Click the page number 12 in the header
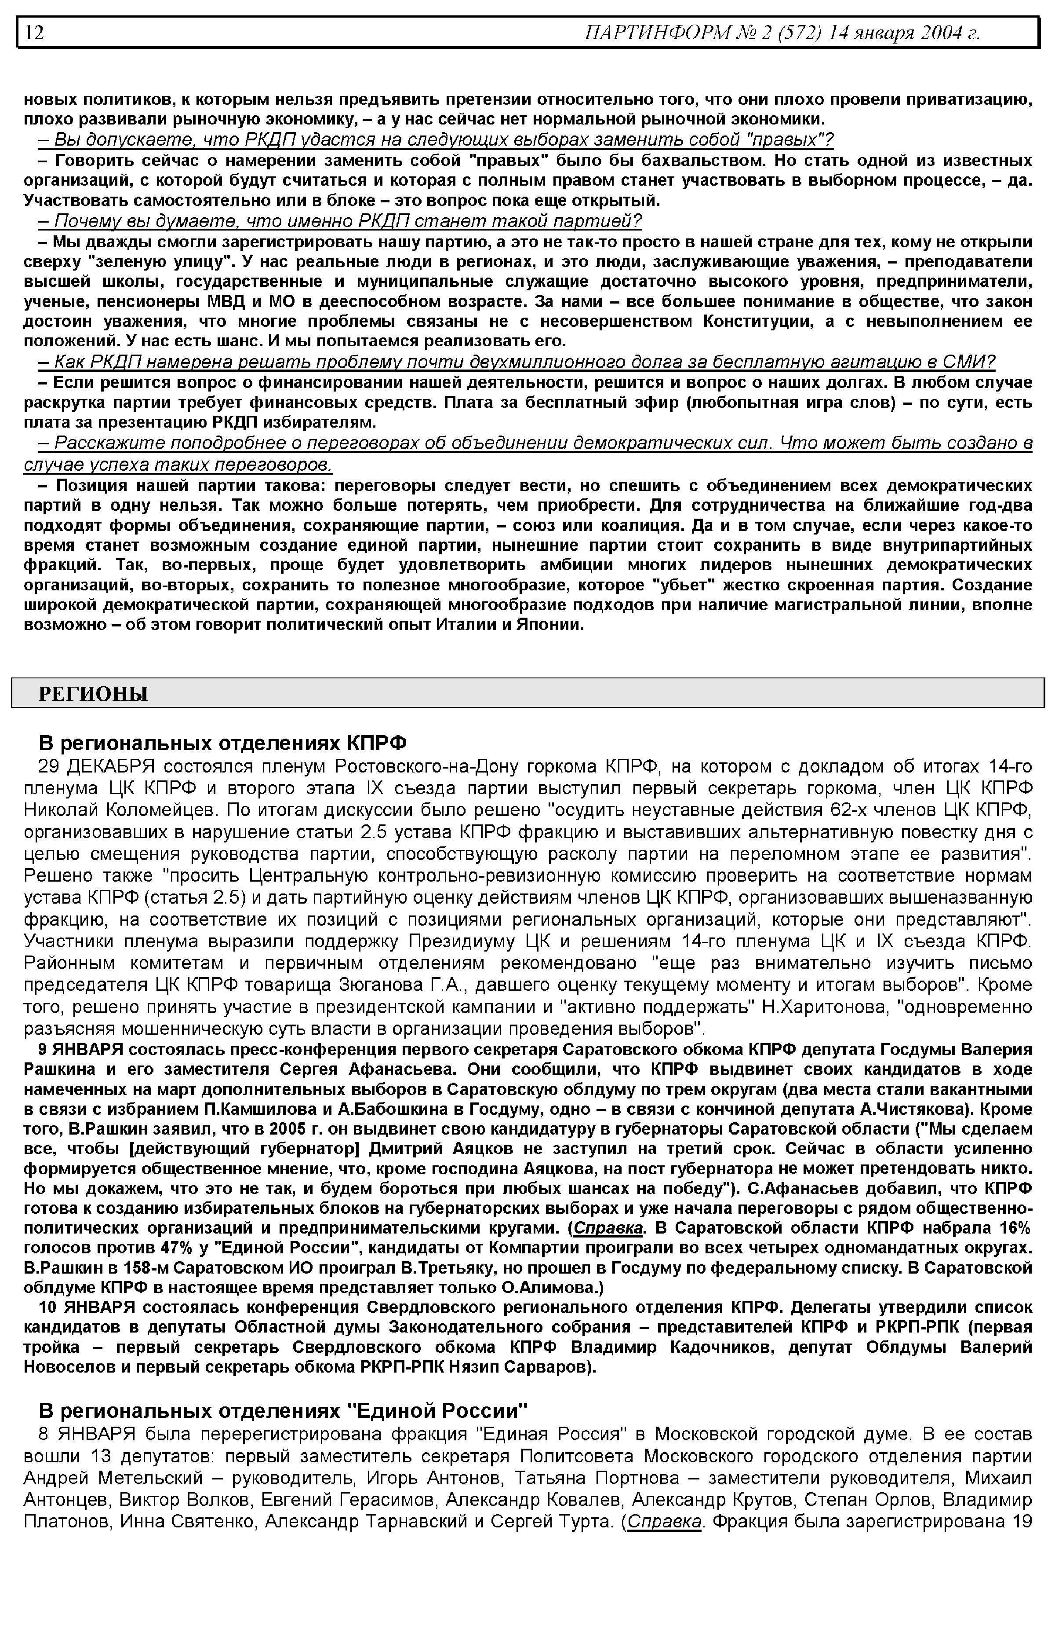[35, 32]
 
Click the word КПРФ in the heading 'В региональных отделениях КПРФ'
[376, 743]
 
